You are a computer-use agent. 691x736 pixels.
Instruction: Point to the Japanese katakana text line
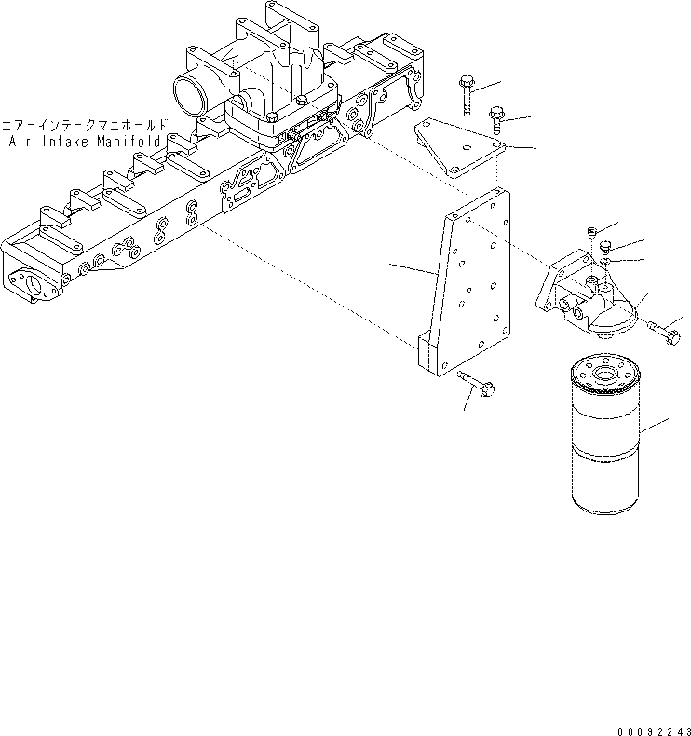pyautogui.click(x=85, y=124)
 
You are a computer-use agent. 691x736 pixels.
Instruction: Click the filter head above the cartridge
pyautogui.click(x=582, y=296)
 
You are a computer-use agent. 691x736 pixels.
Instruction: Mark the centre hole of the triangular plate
pyautogui.click(x=464, y=145)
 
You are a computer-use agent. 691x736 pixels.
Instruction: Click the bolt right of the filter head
pyautogui.click(x=665, y=331)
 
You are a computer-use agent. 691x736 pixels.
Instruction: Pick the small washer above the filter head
pyautogui.click(x=605, y=262)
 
